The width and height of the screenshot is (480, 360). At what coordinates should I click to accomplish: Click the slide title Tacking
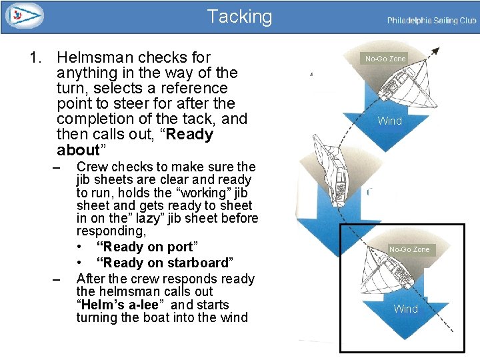point(239,16)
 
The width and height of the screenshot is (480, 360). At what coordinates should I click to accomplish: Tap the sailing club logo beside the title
point(23,15)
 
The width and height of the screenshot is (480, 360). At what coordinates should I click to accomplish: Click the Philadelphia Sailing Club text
point(431,21)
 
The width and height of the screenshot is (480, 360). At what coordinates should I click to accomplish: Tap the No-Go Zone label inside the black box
point(409,249)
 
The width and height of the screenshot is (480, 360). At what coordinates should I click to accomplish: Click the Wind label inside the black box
point(405,309)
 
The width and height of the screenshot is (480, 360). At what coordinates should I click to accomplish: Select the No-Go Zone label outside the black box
point(385,59)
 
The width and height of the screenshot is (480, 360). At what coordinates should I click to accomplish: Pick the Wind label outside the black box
point(389,121)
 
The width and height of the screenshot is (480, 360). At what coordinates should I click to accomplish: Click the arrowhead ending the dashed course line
point(435,50)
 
